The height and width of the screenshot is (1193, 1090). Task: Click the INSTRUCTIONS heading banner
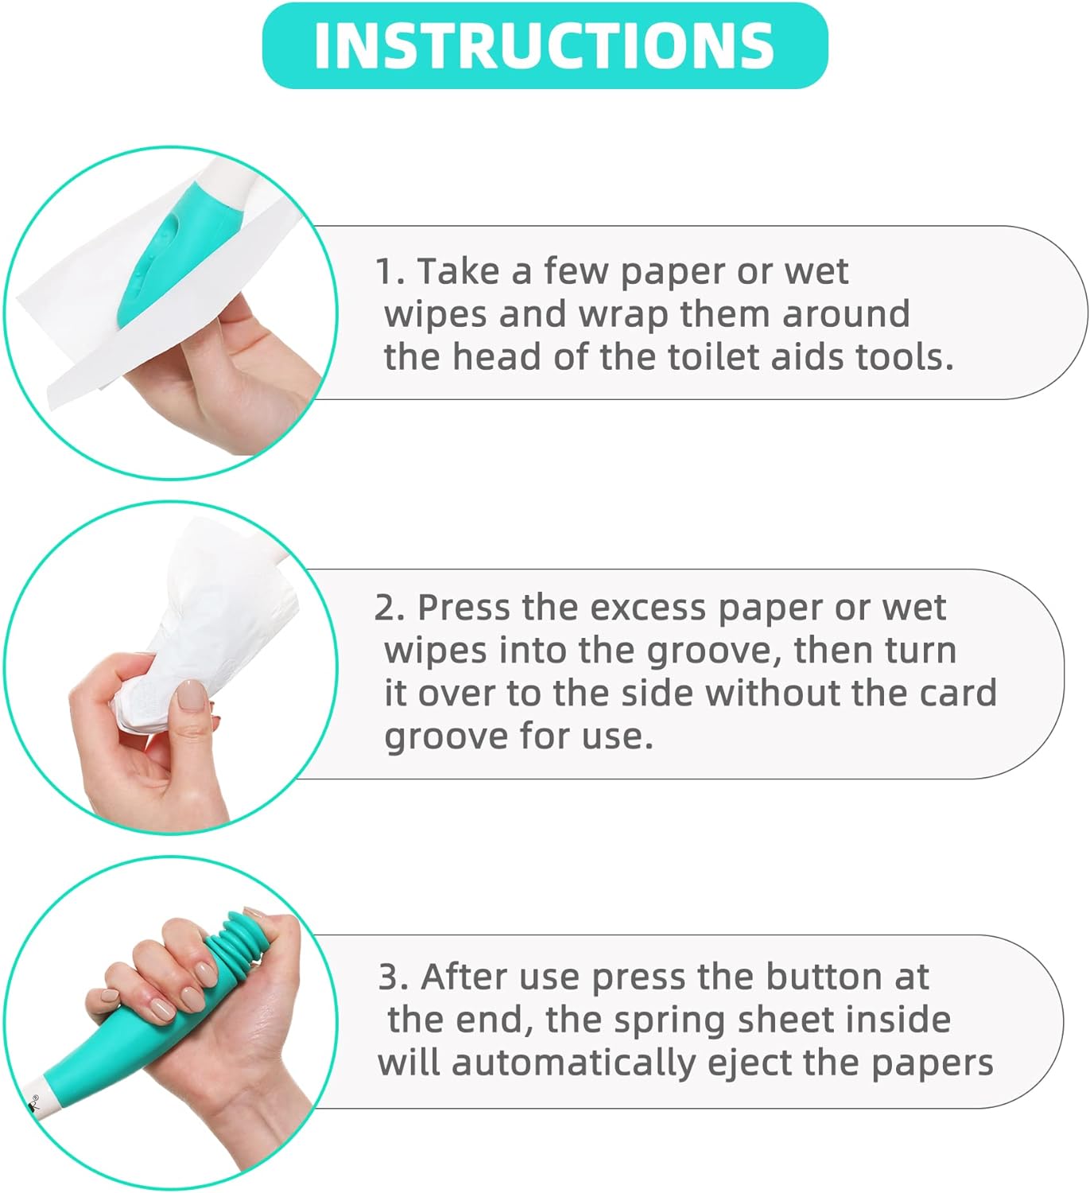545,45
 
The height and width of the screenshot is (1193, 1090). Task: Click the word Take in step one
460,272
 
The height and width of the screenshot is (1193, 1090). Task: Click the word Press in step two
464,608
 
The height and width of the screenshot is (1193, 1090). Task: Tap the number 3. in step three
394,977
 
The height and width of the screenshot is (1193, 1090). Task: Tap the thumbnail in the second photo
191,695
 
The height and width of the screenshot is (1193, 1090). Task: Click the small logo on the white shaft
34,1102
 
